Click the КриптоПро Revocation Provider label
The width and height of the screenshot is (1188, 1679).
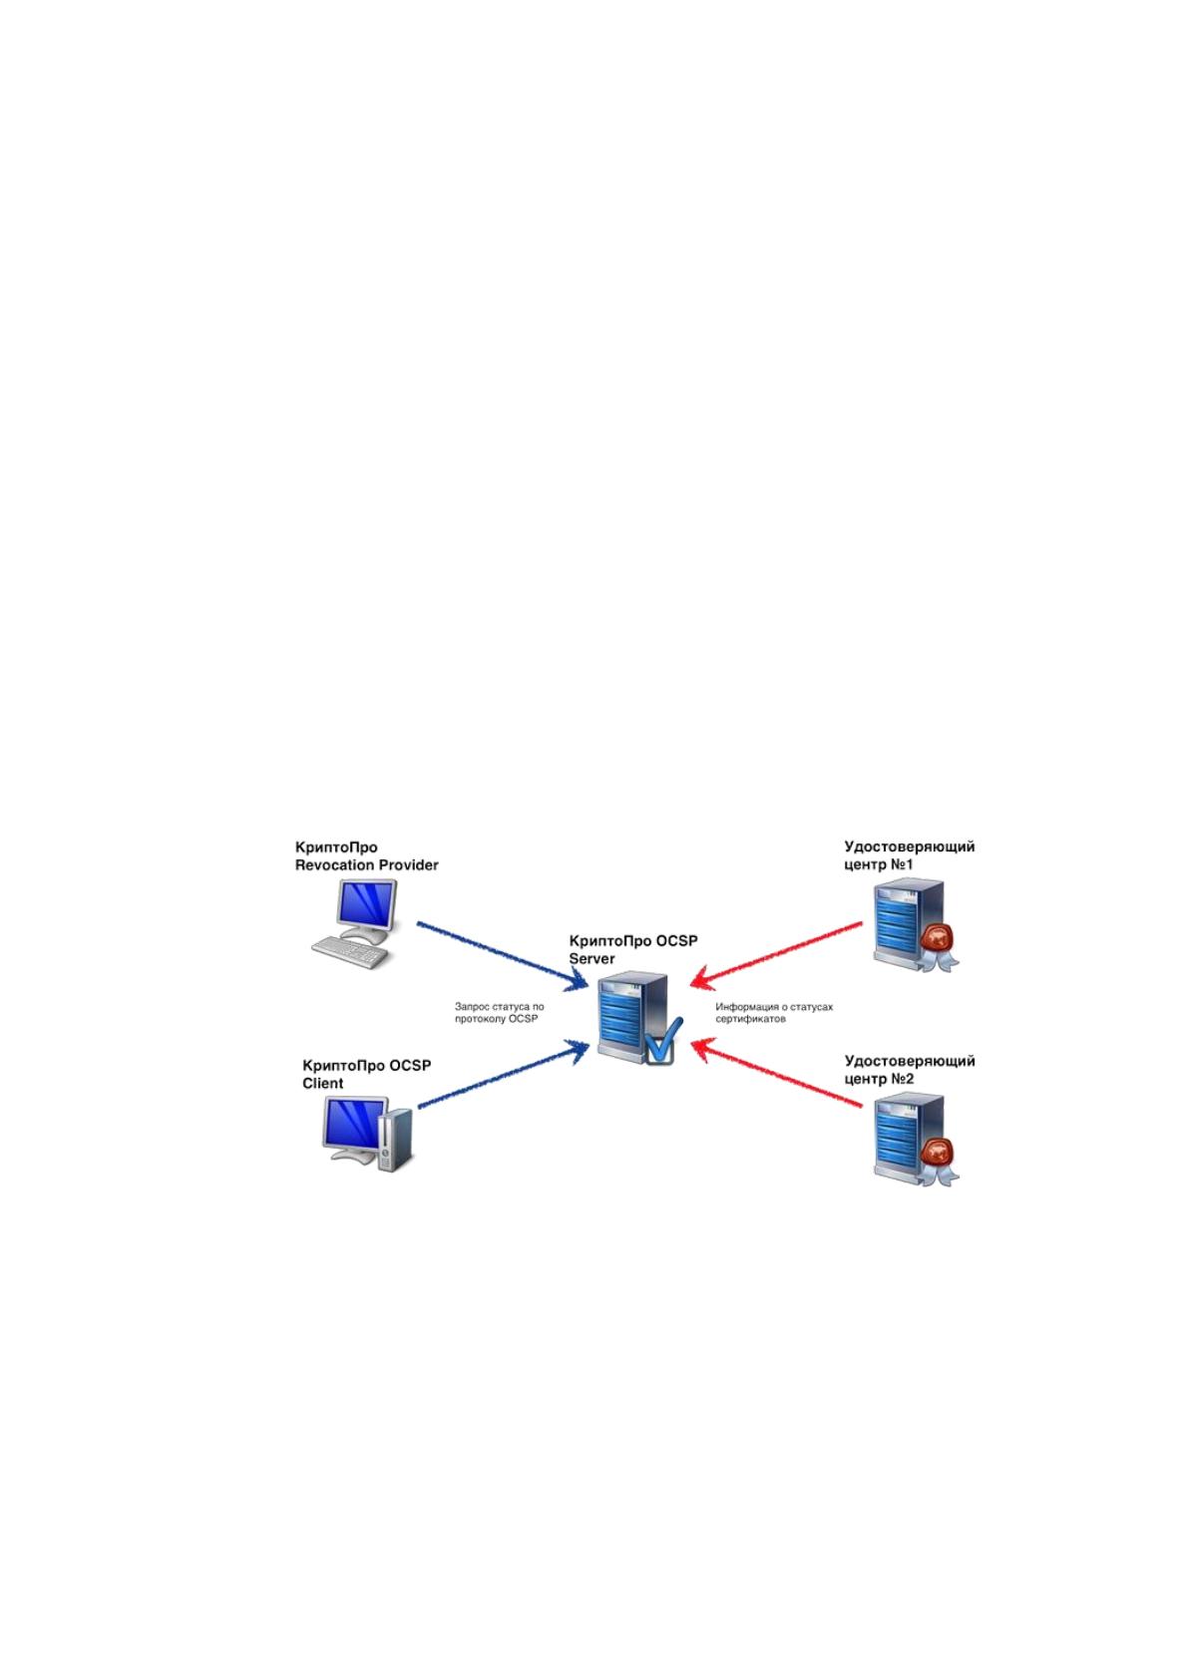tap(366, 856)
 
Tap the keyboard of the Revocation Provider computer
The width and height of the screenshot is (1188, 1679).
tap(350, 953)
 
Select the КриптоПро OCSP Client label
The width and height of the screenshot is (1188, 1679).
tap(367, 1074)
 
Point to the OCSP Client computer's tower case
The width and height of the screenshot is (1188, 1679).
tap(395, 1140)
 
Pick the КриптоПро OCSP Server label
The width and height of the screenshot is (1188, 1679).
tap(633, 950)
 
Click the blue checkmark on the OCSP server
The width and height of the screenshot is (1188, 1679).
tap(662, 1041)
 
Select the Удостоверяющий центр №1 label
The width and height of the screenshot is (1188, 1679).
tap(910, 855)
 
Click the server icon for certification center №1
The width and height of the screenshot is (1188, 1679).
tap(916, 926)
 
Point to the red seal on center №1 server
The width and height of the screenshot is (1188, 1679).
tap(938, 937)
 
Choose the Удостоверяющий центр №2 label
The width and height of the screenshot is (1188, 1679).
tap(910, 1070)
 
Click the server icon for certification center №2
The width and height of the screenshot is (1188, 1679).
tap(916, 1141)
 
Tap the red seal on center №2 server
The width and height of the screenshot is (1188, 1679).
tap(938, 1152)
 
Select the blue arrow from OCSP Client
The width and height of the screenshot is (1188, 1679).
tap(503, 1074)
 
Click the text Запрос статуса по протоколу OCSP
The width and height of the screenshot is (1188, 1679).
tap(500, 1013)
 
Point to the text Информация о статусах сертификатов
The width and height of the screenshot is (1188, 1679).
tap(774, 1013)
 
